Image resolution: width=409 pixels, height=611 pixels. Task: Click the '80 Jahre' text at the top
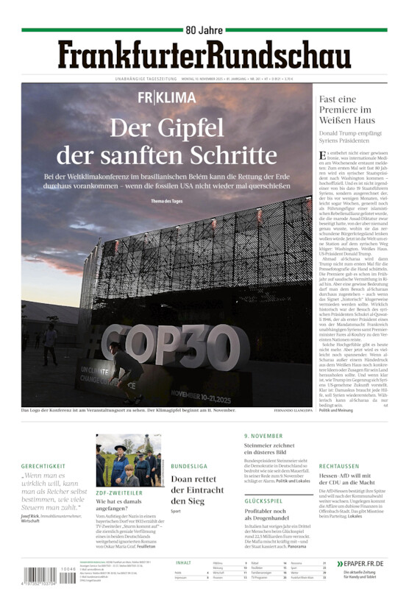(204, 30)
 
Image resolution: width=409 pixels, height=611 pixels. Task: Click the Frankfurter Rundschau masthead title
(204, 56)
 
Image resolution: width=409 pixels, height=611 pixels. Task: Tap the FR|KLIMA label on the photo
(167, 98)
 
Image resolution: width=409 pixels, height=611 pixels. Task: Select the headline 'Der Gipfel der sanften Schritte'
(167, 142)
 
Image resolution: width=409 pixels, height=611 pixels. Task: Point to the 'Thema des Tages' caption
(167, 201)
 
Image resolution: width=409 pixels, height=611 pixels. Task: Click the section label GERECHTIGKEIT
(43, 466)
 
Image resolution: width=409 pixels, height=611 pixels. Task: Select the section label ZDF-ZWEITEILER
(120, 492)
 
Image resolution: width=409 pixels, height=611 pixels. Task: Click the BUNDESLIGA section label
(190, 466)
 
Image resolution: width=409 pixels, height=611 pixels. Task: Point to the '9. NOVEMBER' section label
(263, 436)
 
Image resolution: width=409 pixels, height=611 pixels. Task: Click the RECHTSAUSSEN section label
(339, 466)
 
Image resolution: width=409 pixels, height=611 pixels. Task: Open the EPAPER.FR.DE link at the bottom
(360, 563)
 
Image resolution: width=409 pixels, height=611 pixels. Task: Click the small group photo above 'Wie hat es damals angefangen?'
(129, 460)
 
